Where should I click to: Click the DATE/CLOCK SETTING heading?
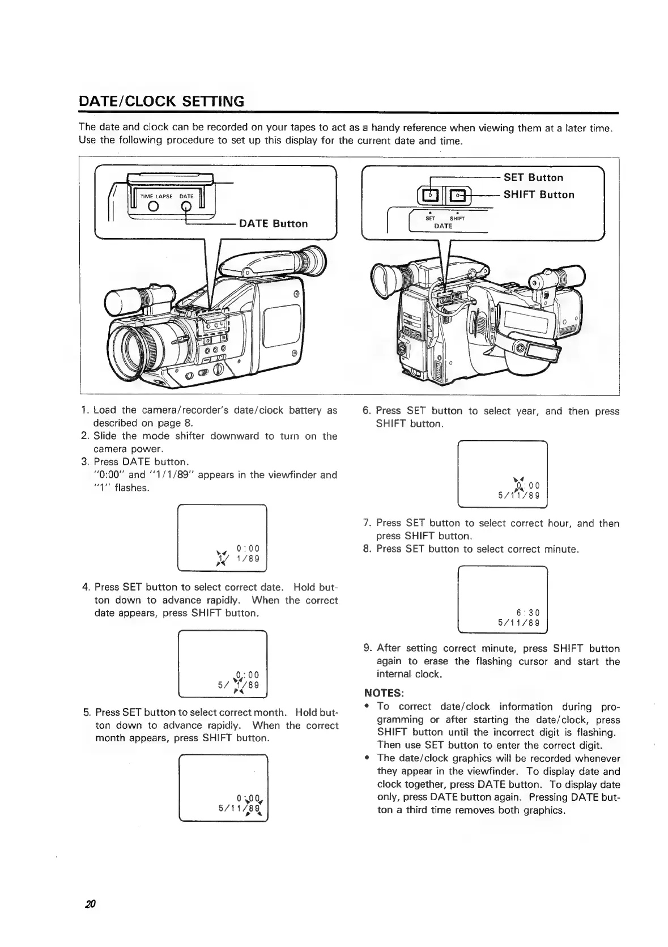point(161,101)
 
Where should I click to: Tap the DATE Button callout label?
point(273,223)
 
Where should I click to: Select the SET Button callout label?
point(533,177)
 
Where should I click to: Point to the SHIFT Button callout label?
point(539,194)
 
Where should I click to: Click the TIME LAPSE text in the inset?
point(156,196)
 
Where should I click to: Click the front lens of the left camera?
point(134,349)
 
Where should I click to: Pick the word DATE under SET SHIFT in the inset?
point(443,226)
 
